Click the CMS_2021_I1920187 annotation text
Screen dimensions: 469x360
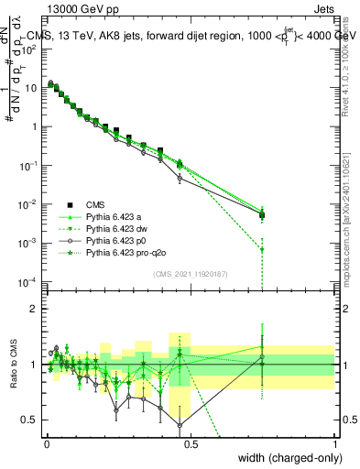click(x=190, y=273)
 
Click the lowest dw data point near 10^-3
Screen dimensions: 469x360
click(x=262, y=249)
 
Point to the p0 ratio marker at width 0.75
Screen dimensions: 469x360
click(x=262, y=357)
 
